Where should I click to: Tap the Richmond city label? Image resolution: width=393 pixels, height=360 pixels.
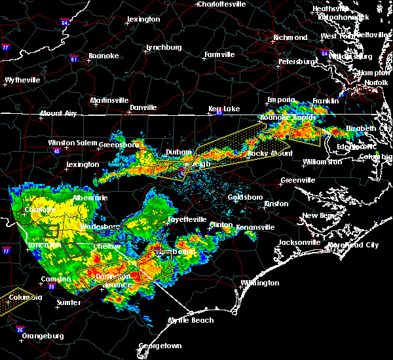tap(290, 37)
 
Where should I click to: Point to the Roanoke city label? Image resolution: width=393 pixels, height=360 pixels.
tap(104, 56)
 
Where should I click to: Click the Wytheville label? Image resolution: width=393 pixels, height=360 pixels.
tap(22, 81)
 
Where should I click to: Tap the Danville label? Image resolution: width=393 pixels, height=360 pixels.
tap(143, 107)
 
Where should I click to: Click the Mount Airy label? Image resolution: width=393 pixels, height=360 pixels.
tap(58, 114)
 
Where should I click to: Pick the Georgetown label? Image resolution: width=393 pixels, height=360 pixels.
tap(160, 346)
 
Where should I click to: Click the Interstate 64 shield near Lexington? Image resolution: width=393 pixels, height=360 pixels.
tap(65, 23)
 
